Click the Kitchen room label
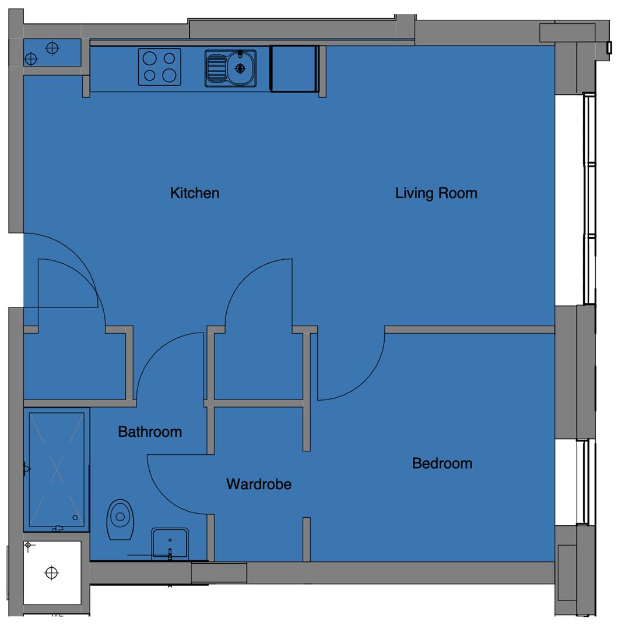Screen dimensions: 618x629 tap(195, 193)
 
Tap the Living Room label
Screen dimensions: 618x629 tap(437, 193)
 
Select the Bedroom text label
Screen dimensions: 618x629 tap(442, 464)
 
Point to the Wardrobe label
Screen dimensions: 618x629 tap(259, 484)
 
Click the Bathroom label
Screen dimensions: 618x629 tap(150, 432)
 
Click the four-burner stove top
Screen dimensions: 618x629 tap(159, 67)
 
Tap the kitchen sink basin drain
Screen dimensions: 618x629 tap(240, 69)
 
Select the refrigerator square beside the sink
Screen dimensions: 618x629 tap(294, 69)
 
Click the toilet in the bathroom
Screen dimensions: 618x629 tap(120, 519)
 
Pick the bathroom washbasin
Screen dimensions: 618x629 tap(170, 543)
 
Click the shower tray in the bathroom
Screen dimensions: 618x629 tap(57, 470)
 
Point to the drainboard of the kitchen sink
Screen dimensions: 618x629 tap(216, 68)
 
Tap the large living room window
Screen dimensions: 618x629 tap(589, 199)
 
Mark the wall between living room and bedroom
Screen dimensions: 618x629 tap(470, 330)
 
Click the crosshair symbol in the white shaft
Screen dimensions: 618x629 tap(51, 573)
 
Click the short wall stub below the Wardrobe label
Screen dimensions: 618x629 tap(307, 539)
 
